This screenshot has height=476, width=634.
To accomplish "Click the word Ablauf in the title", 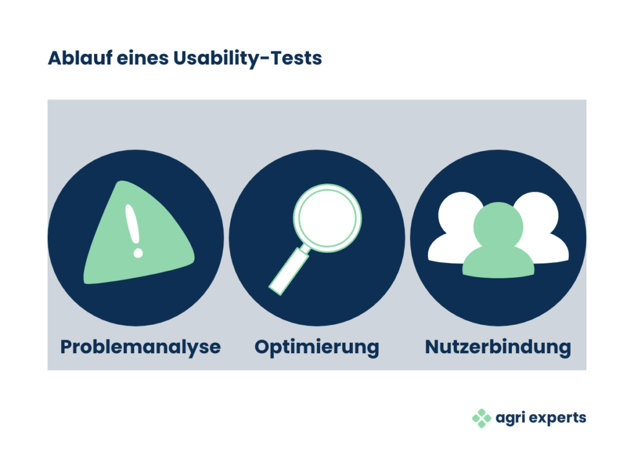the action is (80, 58).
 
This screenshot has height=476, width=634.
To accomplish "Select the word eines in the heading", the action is (142, 58).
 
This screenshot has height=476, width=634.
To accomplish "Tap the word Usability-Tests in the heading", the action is (248, 59).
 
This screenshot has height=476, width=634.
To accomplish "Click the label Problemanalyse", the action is (141, 348).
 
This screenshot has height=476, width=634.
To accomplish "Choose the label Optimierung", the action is (316, 348).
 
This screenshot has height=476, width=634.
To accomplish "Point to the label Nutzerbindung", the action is (498, 347).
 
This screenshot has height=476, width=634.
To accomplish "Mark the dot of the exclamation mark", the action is (138, 253).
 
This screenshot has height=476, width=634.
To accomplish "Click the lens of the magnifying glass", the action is (328, 218).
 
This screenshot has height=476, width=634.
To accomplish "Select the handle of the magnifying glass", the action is (289, 270).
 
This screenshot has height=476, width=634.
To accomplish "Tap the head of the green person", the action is (498, 227).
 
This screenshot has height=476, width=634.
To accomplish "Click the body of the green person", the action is (498, 262).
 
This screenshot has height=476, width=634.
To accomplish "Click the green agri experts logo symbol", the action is (482, 418).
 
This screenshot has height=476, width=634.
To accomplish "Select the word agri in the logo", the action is (510, 418).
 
